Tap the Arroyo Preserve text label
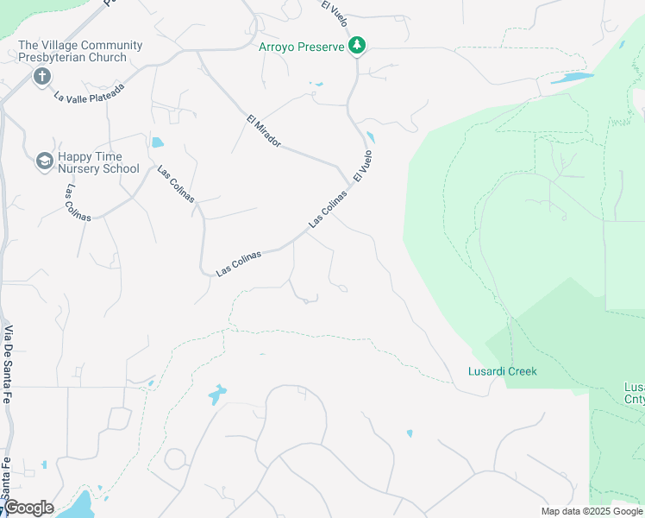pos(302,47)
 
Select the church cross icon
pos(41,77)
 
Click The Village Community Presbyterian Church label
pos(80,51)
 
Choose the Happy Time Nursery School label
pos(97,162)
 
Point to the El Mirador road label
pos(264,130)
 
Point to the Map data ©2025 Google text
pos(591,511)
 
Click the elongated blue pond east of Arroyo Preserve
pos(572,78)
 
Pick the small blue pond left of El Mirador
pos(157,142)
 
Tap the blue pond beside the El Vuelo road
pos(370,137)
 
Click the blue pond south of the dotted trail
pos(217,395)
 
